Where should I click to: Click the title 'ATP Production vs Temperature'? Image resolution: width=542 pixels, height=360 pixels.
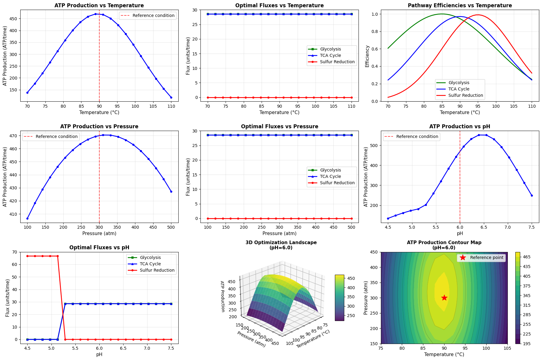tap(99, 5)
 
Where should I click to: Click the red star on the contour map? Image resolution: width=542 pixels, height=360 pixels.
tap(444, 298)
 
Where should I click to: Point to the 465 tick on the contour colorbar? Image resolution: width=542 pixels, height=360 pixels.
tap(527, 257)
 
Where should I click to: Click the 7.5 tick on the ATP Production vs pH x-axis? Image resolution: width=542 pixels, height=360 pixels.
tap(532, 227)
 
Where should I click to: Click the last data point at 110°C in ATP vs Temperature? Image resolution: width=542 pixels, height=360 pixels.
tap(171, 97)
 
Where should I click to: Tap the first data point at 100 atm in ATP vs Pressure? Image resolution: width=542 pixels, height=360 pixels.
tap(27, 218)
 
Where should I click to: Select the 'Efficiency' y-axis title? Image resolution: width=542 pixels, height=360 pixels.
tap(367, 56)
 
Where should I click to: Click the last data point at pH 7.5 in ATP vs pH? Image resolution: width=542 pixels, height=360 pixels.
tap(532, 195)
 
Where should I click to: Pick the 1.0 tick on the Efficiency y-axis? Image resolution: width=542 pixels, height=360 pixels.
tap(375, 14)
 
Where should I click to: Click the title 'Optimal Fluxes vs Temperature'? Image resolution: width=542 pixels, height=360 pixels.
tap(279, 5)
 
